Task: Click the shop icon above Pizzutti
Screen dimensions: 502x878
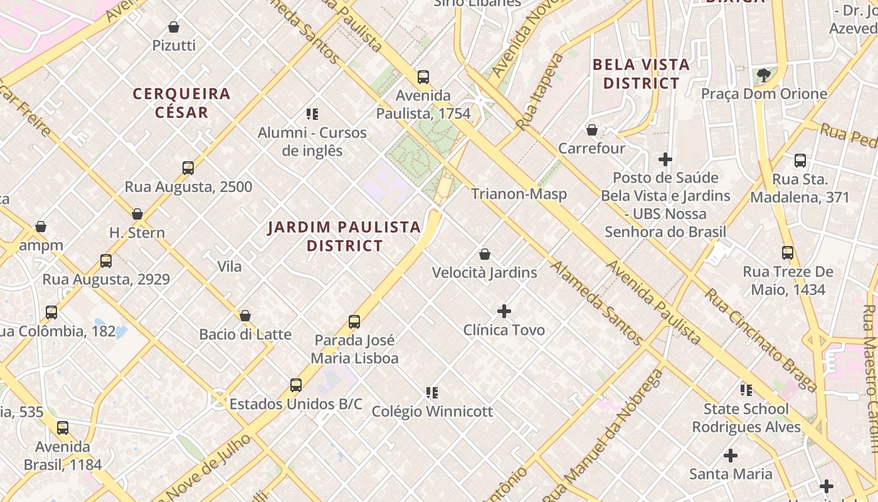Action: tap(174, 27)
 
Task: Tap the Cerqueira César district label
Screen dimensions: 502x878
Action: tap(181, 103)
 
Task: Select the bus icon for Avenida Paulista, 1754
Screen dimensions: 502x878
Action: tap(423, 77)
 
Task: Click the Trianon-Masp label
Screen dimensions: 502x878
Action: tap(519, 194)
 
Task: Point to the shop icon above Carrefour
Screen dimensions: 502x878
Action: tap(591, 130)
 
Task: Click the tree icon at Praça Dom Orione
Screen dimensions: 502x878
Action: tap(763, 75)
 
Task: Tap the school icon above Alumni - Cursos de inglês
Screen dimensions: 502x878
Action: tap(312, 114)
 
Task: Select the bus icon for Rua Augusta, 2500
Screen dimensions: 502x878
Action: tap(188, 168)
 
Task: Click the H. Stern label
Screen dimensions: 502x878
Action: tap(137, 233)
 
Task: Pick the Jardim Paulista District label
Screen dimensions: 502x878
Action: tap(344, 236)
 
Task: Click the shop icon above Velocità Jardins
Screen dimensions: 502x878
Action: tap(484, 254)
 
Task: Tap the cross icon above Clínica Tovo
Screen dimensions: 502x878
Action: tap(504, 311)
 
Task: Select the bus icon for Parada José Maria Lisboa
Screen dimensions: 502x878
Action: tap(354, 322)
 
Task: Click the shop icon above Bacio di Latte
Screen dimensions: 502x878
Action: tap(245, 316)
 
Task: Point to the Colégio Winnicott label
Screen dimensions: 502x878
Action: tap(432, 412)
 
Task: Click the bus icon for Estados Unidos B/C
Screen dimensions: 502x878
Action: tap(295, 385)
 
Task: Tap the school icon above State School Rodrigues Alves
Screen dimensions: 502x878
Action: tap(746, 390)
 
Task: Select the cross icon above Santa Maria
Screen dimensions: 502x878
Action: tap(731, 455)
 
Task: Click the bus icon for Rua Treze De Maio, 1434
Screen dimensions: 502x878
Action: tap(788, 253)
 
